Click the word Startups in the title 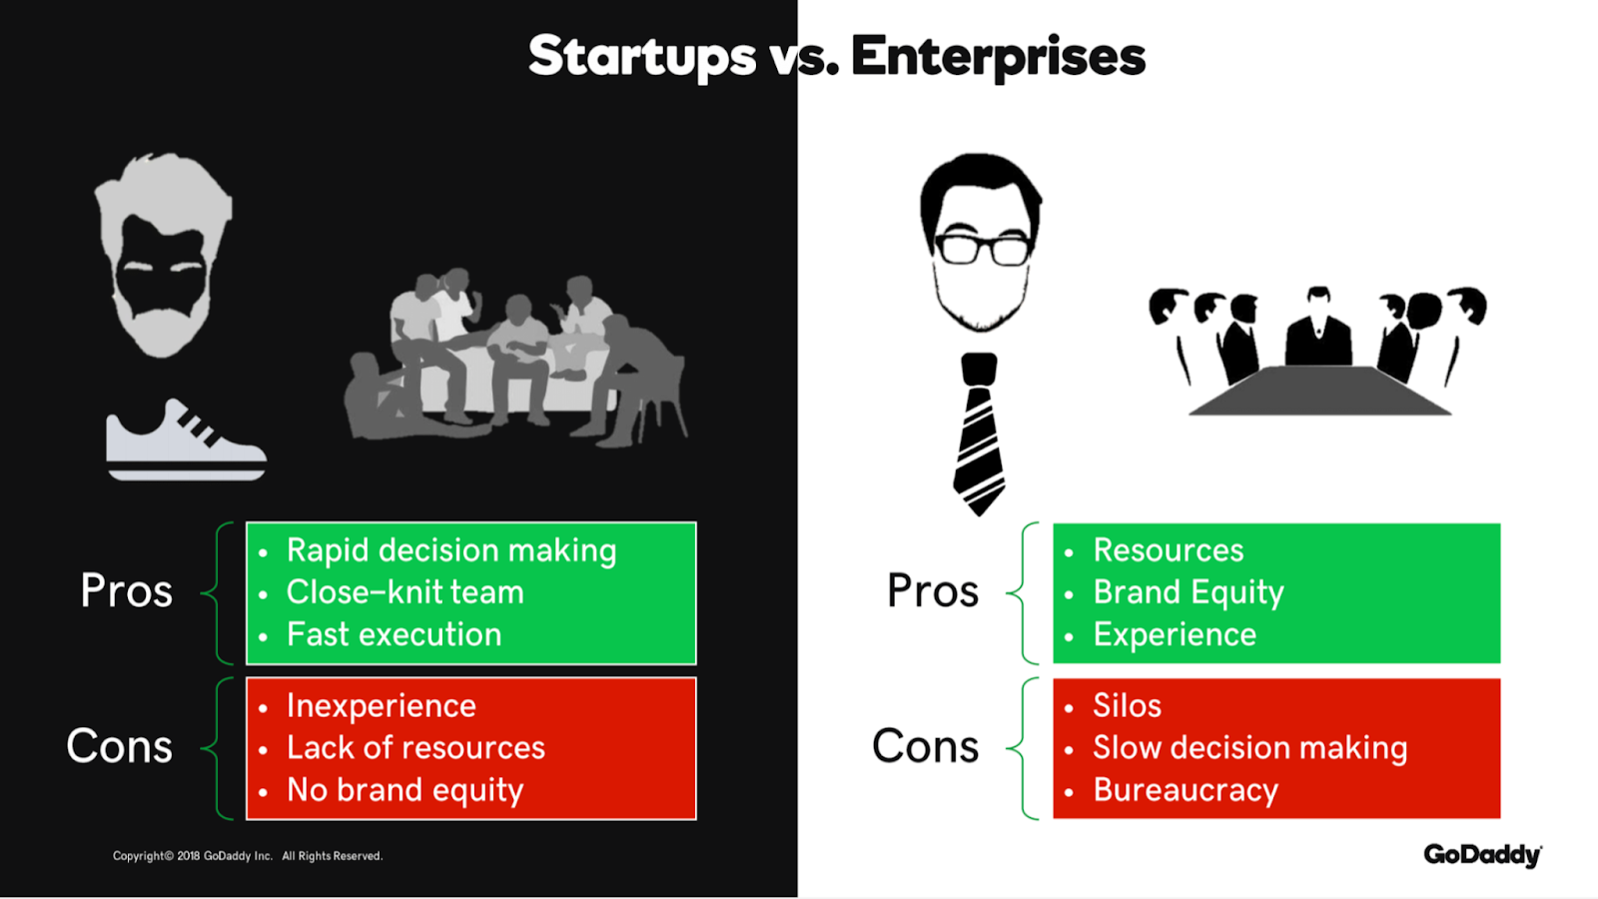pyautogui.click(x=642, y=57)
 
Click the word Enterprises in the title pyautogui.click(x=998, y=57)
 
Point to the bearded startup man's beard pyautogui.click(x=163, y=321)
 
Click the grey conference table pyautogui.click(x=1319, y=391)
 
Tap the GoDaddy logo pyautogui.click(x=1483, y=855)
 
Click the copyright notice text pyautogui.click(x=248, y=855)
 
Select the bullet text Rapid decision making pyautogui.click(x=451, y=551)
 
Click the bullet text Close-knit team pyautogui.click(x=405, y=592)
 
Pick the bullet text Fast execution pyautogui.click(x=394, y=634)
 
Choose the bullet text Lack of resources pyautogui.click(x=415, y=748)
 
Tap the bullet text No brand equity pyautogui.click(x=405, y=790)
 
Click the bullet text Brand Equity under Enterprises pyautogui.click(x=1189, y=593)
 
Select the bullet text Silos pyautogui.click(x=1128, y=705)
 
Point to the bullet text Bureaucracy pyautogui.click(x=1186, y=790)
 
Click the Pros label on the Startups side pyautogui.click(x=126, y=590)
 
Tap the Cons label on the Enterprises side pyautogui.click(x=925, y=746)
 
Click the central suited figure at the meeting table pyautogui.click(x=1318, y=329)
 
